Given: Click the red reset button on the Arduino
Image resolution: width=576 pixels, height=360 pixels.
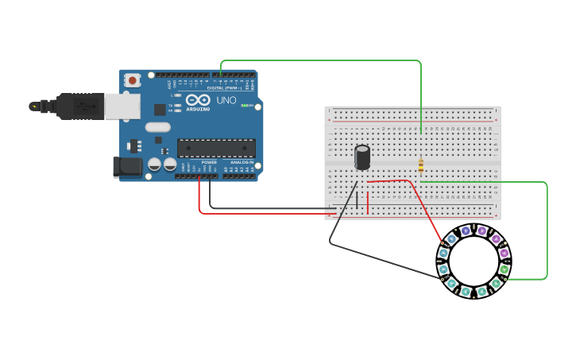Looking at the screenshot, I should tap(132, 80).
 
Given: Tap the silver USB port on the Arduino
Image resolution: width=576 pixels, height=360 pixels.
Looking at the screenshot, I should tap(123, 106).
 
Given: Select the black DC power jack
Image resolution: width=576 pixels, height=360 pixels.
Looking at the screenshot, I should tap(127, 166).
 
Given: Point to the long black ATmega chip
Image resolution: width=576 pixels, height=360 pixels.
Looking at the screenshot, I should tap(216, 148).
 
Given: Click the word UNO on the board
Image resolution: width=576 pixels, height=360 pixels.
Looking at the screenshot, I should tap(226, 100).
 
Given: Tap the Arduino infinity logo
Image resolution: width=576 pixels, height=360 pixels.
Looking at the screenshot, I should tap(199, 100).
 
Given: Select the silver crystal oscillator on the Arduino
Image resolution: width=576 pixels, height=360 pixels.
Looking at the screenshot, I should tap(158, 127).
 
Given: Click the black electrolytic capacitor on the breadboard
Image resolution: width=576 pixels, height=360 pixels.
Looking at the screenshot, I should tap(362, 157).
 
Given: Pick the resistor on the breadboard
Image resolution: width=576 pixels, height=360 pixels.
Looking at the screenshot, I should tap(420, 165).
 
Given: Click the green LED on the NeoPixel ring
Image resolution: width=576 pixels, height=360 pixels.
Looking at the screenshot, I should tap(504, 269).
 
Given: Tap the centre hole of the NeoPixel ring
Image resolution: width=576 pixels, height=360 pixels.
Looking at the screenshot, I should tap(474, 261).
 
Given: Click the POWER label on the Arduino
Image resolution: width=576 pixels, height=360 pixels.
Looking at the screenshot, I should tap(208, 162).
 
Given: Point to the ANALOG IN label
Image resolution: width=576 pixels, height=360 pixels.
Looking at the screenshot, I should tap(242, 162).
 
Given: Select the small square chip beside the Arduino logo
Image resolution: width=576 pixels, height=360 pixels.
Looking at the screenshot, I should tap(160, 110).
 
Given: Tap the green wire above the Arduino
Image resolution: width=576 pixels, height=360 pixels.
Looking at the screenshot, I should tap(318, 60).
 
